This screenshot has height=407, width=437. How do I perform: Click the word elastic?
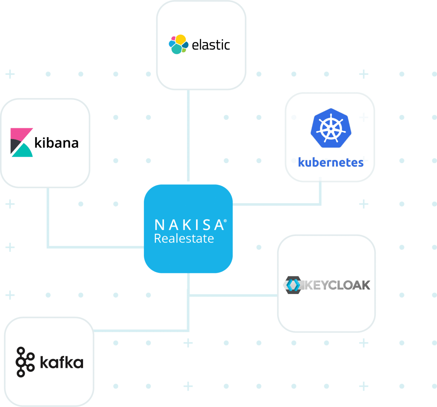point(211,45)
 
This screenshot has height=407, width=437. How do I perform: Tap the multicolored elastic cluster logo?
point(178,44)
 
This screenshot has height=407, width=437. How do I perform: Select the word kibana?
point(56,143)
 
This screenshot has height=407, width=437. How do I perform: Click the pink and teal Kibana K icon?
point(22,142)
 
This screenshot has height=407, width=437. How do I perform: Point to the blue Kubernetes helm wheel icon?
point(331,128)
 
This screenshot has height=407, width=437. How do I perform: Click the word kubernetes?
point(331,162)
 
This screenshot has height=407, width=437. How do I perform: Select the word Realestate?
point(184,239)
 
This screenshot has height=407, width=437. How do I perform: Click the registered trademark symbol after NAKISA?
point(225,221)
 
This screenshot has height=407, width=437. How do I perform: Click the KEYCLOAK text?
point(337,285)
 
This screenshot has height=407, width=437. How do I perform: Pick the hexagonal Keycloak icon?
point(293,285)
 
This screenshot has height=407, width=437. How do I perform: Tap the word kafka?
point(62,362)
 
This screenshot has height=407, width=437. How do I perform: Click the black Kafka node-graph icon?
point(25,362)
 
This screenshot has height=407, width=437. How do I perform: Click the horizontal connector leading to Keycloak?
point(233,295)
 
